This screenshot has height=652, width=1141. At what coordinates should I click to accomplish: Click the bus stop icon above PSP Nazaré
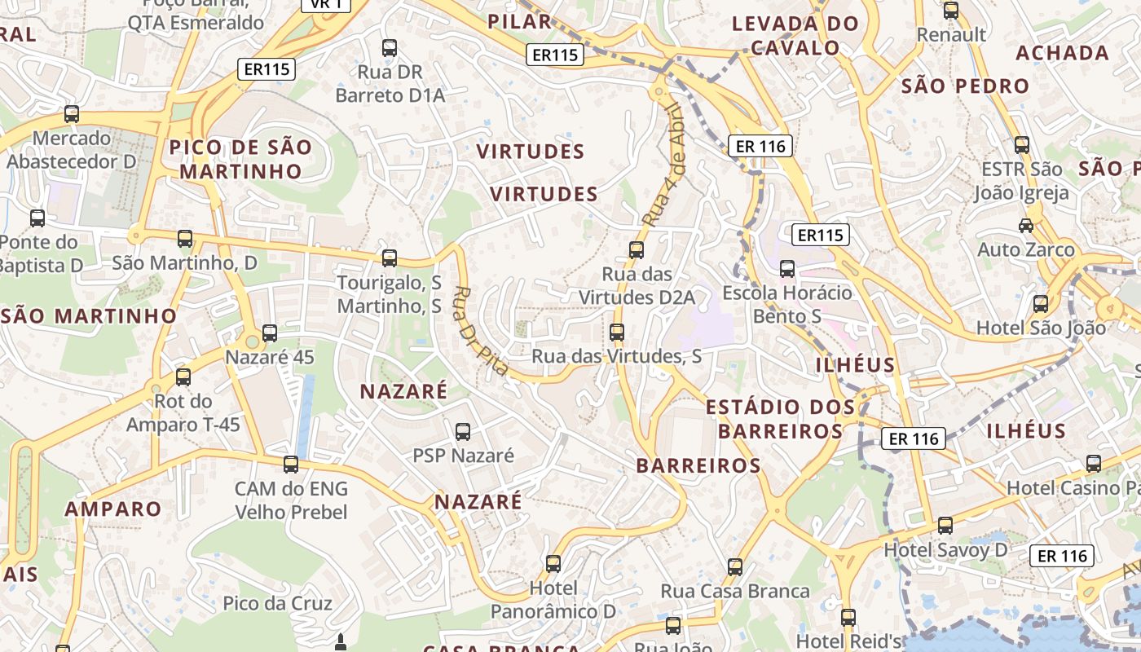[463, 432]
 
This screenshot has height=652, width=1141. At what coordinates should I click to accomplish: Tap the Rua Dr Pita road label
[481, 331]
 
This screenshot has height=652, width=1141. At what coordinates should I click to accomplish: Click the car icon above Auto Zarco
[1026, 225]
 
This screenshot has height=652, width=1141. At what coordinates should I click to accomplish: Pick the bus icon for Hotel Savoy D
[945, 526]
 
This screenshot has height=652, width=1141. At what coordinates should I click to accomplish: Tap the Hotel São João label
[1041, 328]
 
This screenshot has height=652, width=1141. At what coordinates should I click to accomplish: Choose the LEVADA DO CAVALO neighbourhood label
[795, 35]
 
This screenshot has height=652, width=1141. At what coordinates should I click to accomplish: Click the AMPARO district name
[113, 509]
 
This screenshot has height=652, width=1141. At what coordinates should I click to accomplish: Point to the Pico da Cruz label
[278, 604]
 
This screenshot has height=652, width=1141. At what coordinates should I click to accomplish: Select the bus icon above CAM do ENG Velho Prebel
[291, 465]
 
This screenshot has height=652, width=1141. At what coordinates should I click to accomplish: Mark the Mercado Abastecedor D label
[72, 150]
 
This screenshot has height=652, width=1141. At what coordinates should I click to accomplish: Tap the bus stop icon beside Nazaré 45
[270, 333]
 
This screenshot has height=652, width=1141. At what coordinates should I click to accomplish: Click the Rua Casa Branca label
[735, 591]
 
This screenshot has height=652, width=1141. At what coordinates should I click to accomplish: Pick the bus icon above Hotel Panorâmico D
[553, 563]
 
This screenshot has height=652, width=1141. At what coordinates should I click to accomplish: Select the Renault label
[951, 35]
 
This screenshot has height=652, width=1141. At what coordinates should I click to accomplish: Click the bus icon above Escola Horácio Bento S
[787, 269]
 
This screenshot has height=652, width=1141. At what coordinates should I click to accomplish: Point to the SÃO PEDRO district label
[966, 86]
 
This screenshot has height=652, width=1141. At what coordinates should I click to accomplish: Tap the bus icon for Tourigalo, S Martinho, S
[390, 258]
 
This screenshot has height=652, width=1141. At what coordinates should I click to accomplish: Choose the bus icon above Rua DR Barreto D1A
[390, 48]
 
